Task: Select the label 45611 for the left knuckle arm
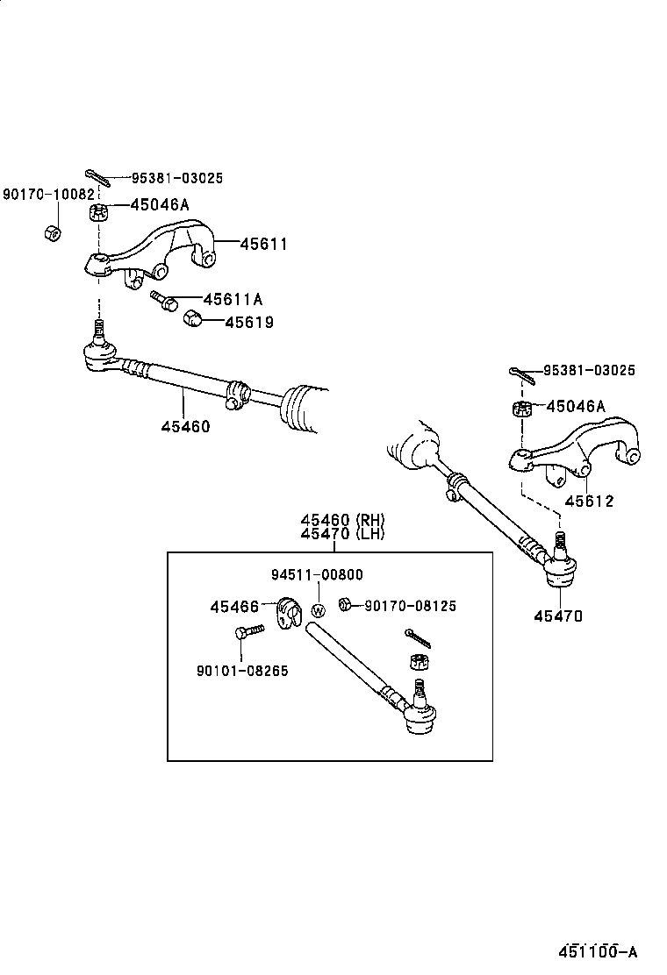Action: click(264, 244)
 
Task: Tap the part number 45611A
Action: click(233, 298)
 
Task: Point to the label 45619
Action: click(248, 322)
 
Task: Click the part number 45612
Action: click(588, 502)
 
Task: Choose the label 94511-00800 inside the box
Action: click(317, 574)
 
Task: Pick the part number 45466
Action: click(233, 606)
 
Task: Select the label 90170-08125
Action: click(410, 606)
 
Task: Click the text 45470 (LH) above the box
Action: click(342, 533)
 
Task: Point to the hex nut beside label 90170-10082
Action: click(52, 232)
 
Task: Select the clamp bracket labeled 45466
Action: click(288, 613)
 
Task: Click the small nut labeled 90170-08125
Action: click(345, 605)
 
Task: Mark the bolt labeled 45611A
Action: click(164, 300)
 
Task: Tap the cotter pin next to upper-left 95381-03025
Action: click(97, 177)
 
